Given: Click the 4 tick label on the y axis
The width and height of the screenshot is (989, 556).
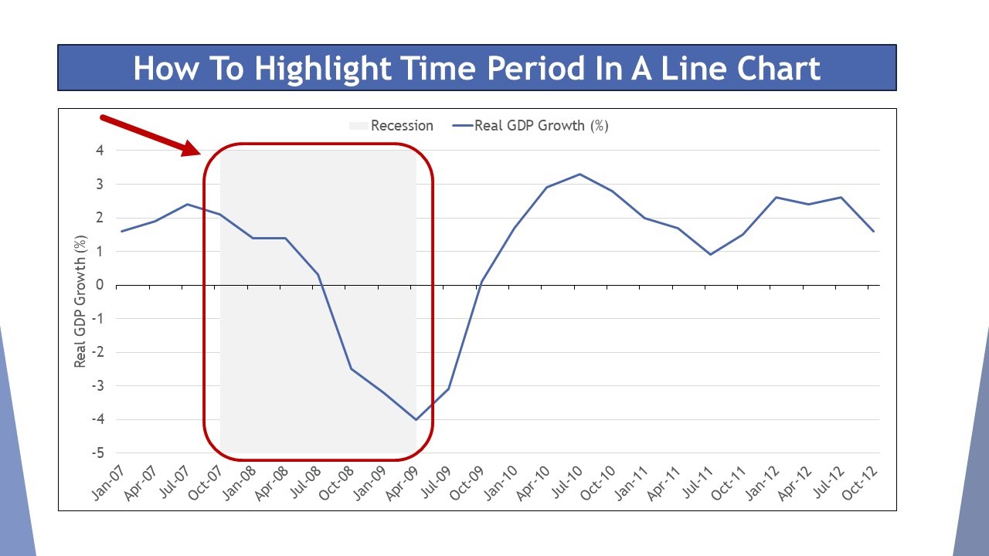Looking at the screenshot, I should click(x=100, y=151).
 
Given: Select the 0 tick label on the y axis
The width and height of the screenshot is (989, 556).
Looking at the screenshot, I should click(x=100, y=285).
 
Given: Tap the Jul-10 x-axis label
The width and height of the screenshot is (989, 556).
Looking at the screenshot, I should click(x=567, y=483).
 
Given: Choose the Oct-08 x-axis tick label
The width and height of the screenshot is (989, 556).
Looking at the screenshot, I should click(x=337, y=483).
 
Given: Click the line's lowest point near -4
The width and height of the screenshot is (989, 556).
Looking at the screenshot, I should click(x=416, y=419).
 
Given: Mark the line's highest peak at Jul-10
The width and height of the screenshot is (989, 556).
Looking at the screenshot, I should click(x=579, y=175).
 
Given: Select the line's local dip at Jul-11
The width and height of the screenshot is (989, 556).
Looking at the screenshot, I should click(x=710, y=254).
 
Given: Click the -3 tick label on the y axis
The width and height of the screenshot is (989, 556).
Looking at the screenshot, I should click(x=97, y=386).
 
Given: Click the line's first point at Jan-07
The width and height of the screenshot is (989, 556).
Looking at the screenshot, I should click(x=122, y=231).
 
